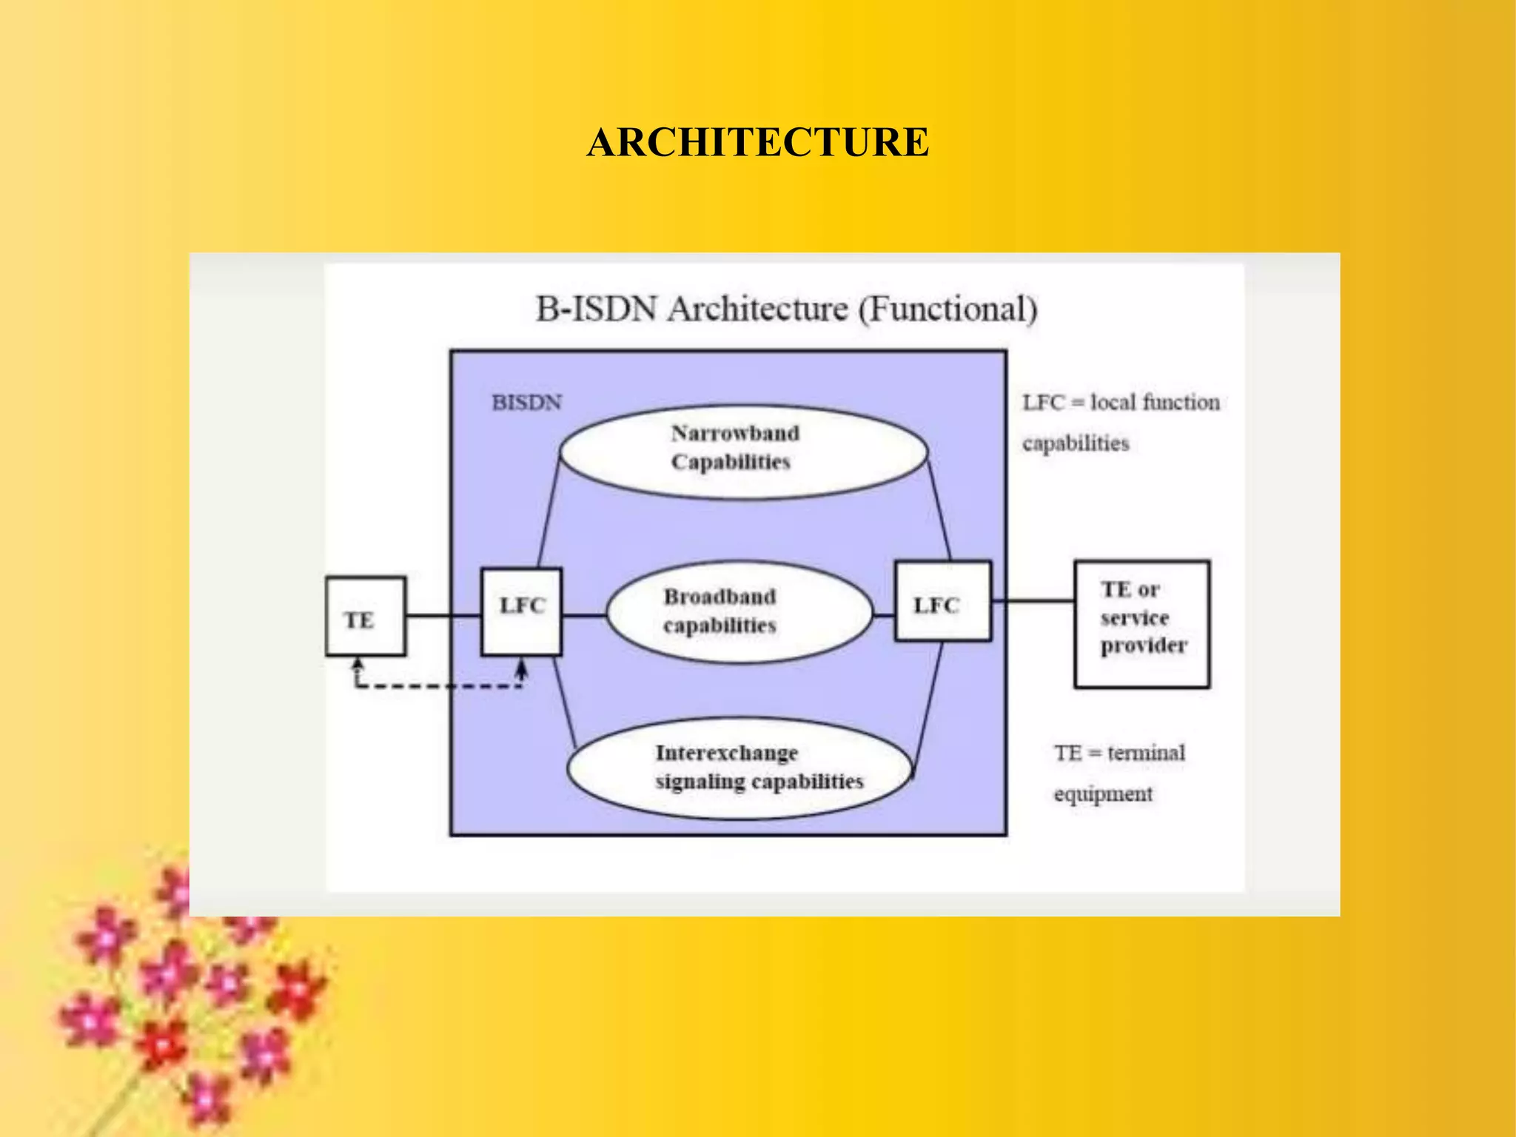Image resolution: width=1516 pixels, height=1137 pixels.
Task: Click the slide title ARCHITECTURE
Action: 757,142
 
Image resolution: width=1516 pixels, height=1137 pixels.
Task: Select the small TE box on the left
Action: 365,617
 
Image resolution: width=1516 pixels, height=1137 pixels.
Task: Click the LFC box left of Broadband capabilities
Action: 521,611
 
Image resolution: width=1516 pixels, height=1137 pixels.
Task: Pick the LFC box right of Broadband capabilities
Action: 942,601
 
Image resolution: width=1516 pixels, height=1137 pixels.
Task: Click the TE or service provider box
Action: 1141,624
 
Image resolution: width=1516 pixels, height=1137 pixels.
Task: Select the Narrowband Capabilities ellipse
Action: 742,451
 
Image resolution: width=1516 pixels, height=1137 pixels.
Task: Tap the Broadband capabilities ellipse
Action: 738,611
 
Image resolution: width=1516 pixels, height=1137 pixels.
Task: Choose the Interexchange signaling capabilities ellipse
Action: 739,768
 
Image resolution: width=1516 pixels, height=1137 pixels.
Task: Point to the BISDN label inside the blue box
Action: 527,403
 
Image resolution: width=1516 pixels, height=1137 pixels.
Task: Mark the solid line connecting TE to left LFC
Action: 443,616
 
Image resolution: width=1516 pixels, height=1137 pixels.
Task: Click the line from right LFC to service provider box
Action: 1033,601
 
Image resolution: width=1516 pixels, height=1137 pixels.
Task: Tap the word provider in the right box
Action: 1143,645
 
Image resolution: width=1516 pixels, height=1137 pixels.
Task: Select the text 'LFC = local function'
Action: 1121,403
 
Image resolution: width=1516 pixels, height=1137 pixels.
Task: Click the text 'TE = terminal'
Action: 1119,753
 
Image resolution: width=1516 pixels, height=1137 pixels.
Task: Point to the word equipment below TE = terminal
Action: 1103,794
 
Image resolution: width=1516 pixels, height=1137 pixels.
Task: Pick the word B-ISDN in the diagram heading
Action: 596,309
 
